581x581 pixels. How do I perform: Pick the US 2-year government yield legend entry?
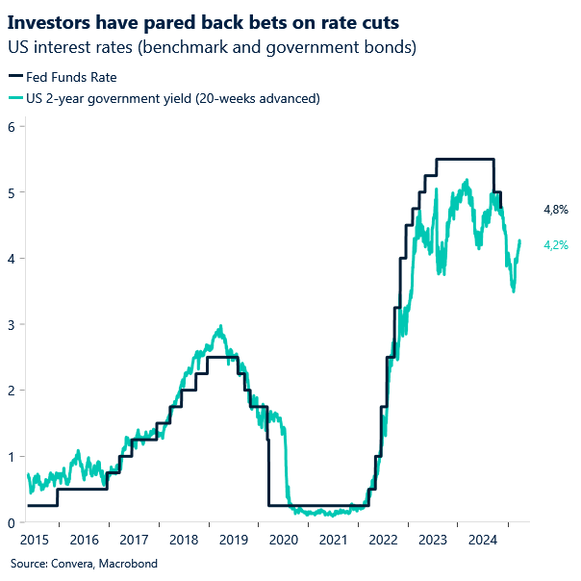click(x=169, y=97)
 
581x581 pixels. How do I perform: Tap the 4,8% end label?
click(x=556, y=209)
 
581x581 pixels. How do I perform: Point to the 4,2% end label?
click(x=556, y=245)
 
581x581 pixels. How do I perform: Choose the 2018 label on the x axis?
click(x=183, y=541)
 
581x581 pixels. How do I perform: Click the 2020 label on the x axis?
click(x=283, y=541)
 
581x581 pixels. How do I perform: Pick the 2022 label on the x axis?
click(x=383, y=541)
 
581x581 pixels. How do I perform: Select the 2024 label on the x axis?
click(x=483, y=541)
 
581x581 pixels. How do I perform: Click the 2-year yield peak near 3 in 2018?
click(x=221, y=327)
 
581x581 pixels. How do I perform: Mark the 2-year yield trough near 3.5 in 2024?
click(x=514, y=290)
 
